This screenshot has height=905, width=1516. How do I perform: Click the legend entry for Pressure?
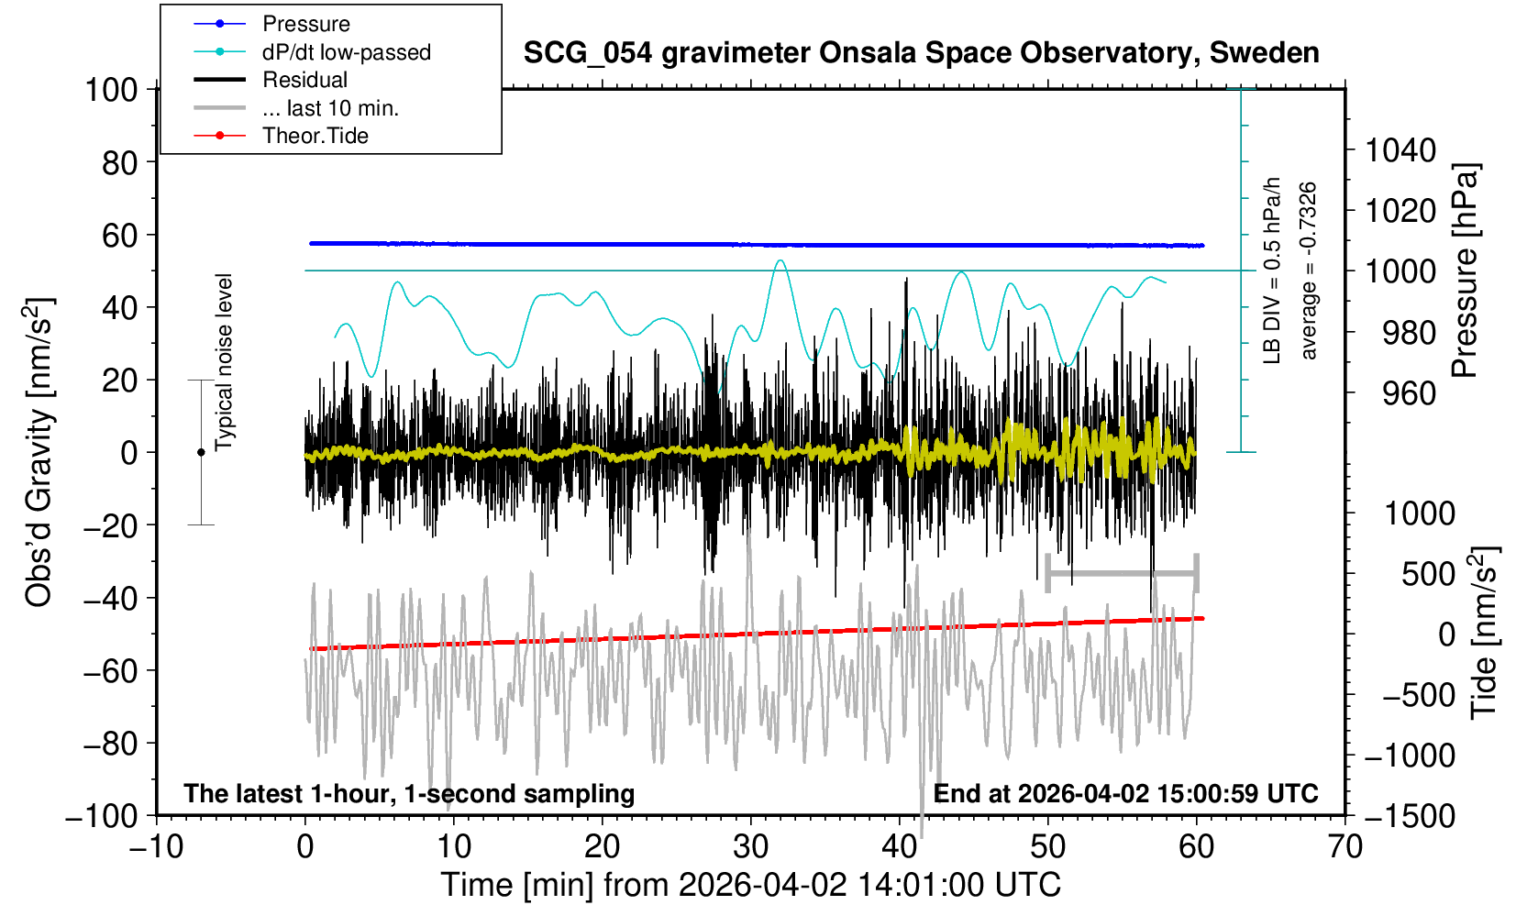[x=305, y=24]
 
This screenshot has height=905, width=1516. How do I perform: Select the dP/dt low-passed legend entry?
[x=346, y=52]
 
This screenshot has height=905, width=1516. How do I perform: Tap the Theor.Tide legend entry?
[x=315, y=136]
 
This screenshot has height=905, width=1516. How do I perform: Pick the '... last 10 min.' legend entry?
[x=330, y=108]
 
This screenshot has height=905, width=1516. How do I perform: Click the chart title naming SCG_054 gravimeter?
[x=921, y=53]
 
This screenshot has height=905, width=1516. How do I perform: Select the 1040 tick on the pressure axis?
[x=1400, y=149]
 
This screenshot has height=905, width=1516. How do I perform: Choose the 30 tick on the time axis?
[x=751, y=845]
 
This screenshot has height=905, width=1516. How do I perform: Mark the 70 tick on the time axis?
[x=1344, y=845]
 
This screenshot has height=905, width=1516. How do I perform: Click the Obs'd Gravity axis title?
[x=39, y=452]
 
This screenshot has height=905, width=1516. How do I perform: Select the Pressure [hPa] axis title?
[x=1466, y=271]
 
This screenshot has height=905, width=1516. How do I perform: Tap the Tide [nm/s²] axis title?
[x=1484, y=633]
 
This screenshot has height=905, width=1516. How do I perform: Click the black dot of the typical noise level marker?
[x=201, y=452]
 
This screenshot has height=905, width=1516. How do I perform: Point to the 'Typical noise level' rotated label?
[x=224, y=362]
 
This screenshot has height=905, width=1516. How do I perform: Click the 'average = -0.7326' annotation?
[x=1309, y=270]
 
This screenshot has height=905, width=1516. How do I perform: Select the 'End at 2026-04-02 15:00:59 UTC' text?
[x=1125, y=793]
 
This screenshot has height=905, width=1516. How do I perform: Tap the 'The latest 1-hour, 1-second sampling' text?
[x=409, y=793]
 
